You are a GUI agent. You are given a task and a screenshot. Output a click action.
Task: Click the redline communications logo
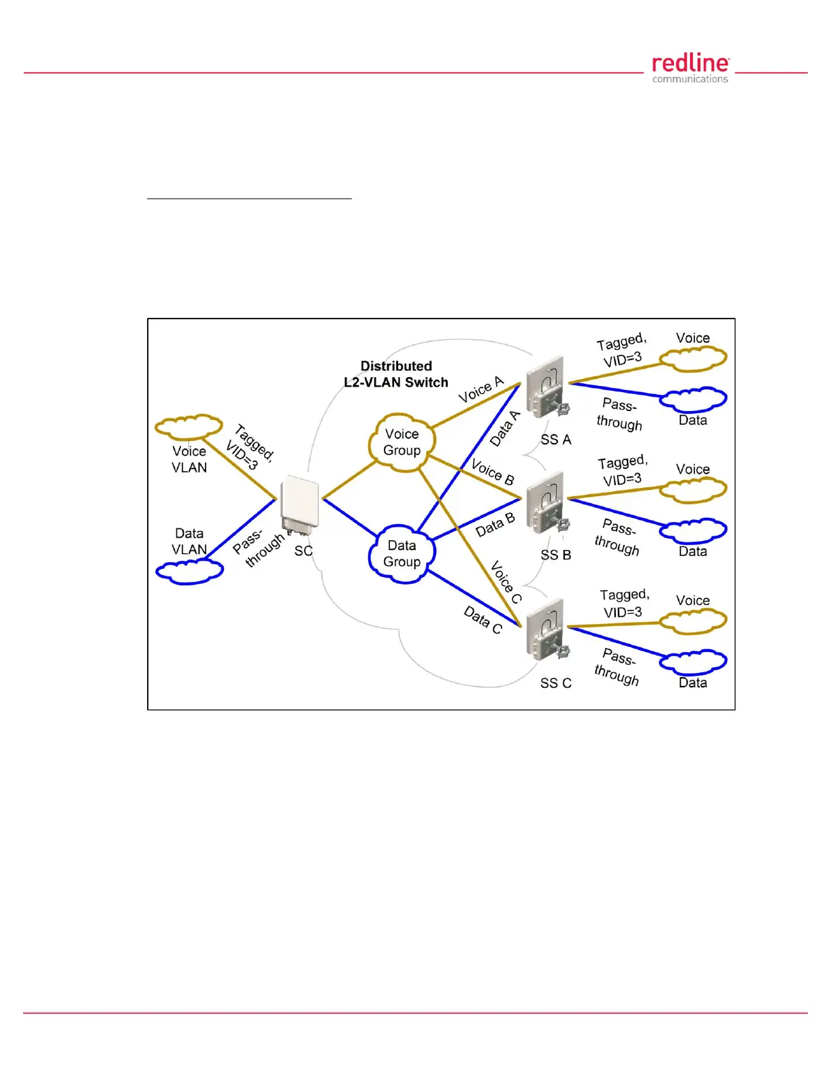(690, 69)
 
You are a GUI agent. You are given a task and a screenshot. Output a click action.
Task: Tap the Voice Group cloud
(401, 442)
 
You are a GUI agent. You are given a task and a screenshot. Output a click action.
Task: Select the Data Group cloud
(401, 554)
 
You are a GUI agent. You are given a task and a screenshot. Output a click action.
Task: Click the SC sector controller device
(300, 506)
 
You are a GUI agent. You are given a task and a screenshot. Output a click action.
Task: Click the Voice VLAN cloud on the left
(189, 426)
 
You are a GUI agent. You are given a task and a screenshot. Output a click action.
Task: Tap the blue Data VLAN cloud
(189, 571)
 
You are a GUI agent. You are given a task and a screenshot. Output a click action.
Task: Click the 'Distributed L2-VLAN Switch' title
(396, 374)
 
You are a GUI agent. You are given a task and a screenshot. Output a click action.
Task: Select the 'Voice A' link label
(480, 389)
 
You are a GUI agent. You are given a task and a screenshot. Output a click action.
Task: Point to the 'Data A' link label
(505, 428)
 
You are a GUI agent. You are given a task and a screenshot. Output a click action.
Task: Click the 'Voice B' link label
(493, 472)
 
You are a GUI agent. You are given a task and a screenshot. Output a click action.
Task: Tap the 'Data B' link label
(495, 525)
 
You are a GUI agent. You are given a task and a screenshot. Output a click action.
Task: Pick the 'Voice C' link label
(506, 582)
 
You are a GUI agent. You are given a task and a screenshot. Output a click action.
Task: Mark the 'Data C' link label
(483, 619)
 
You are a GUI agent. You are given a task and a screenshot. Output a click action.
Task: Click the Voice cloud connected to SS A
(693, 358)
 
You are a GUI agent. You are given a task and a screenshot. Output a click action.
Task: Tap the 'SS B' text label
(555, 555)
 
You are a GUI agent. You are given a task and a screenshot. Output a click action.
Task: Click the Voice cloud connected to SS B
(693, 489)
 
